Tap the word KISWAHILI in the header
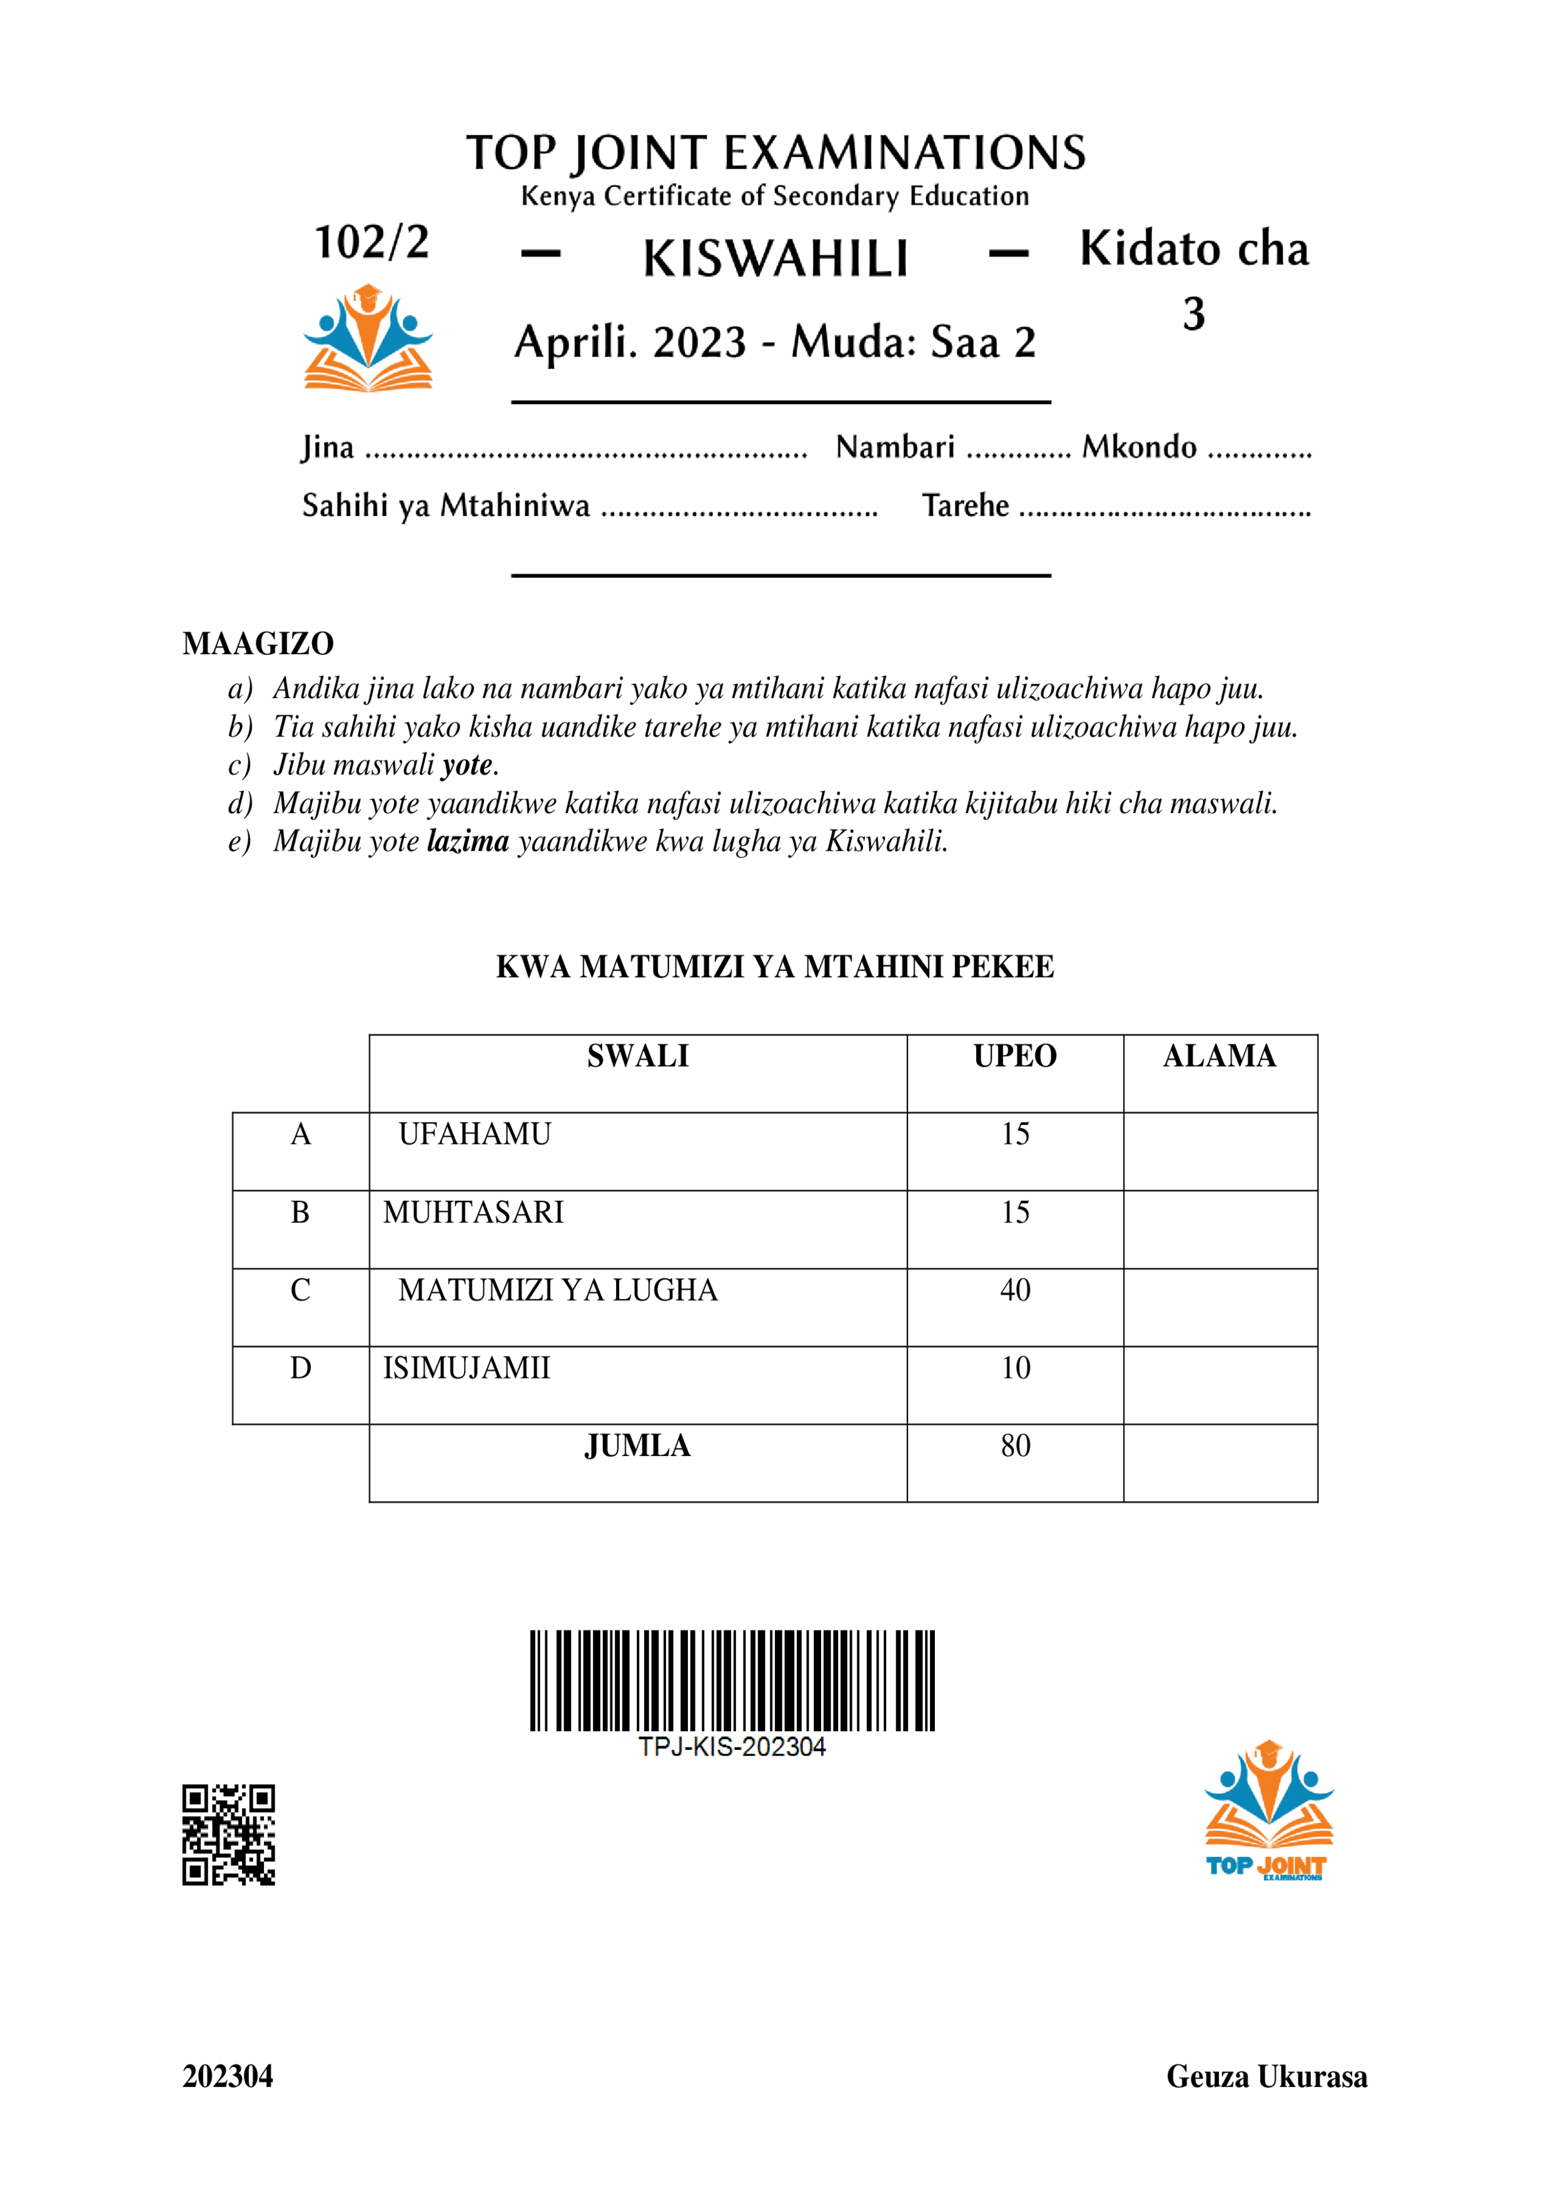775,258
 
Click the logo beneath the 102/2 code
368,338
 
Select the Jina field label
328,447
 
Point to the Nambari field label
894,447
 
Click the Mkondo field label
1138,447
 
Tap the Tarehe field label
964,505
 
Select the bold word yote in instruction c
467,764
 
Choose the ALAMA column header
1220,1056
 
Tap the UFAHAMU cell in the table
474,1135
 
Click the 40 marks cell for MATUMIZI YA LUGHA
1015,1290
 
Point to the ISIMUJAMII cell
467,1368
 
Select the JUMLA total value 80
1015,1446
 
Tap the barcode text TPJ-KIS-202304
731,1747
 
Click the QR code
228,1834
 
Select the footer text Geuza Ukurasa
1266,2076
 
